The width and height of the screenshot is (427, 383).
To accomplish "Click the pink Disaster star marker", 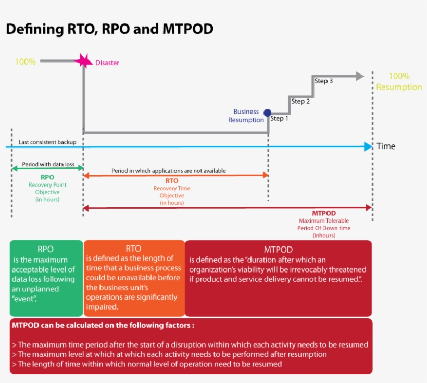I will [x=83, y=61].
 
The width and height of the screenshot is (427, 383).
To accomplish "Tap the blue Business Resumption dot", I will [x=268, y=113].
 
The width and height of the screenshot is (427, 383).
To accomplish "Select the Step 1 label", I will [x=279, y=119].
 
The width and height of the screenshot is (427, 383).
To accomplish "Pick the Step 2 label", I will [x=300, y=101].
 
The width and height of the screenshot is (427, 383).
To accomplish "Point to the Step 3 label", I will [x=323, y=81].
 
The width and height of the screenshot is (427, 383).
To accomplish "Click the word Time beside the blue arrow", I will [x=386, y=146].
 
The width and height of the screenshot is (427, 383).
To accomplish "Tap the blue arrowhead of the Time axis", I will [x=369, y=146].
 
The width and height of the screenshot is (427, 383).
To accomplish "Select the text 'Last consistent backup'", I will [x=47, y=142].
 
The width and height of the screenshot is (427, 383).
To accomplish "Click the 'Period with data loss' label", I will [x=47, y=165].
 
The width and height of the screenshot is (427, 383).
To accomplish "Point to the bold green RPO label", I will [x=47, y=177].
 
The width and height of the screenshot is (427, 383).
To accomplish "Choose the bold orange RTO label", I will [x=172, y=181].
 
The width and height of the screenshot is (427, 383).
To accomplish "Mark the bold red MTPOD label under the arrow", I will [x=324, y=213].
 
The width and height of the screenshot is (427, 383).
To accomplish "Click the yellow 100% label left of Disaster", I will [x=25, y=62].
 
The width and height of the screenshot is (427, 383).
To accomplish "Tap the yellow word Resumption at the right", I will [x=399, y=87].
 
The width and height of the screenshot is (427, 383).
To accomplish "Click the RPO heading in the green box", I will [x=46, y=249].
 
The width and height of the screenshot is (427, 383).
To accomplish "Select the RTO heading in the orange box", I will [x=133, y=248].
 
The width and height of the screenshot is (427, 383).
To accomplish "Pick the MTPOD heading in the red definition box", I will [x=278, y=250].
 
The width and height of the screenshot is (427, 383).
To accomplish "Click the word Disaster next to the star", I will [x=107, y=63].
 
